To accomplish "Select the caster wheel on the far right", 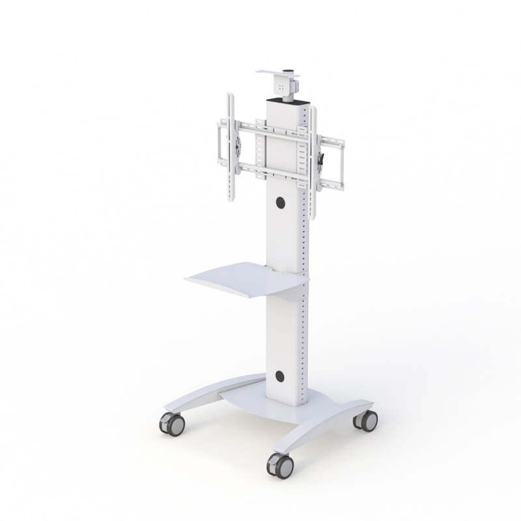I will coord(367,421).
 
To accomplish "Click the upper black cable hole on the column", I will coord(281,203).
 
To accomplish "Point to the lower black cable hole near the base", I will coord(280,376).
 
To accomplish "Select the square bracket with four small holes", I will coord(283,87).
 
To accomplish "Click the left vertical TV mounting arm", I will coord(231,147).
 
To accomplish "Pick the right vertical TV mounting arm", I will coord(314,163).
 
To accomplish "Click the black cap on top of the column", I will coord(284,100).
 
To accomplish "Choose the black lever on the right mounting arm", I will coord(321,160).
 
